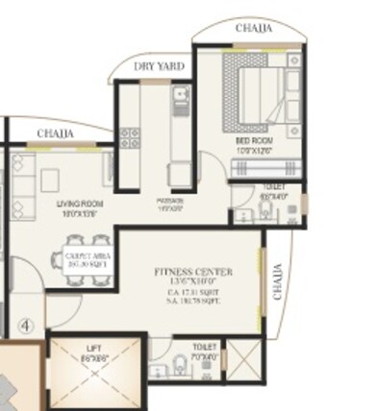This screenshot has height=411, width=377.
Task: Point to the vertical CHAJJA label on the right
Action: (x=279, y=281)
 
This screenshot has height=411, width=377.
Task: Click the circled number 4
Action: (x=28, y=326)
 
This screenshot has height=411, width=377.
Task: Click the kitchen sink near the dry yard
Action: (x=179, y=97)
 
